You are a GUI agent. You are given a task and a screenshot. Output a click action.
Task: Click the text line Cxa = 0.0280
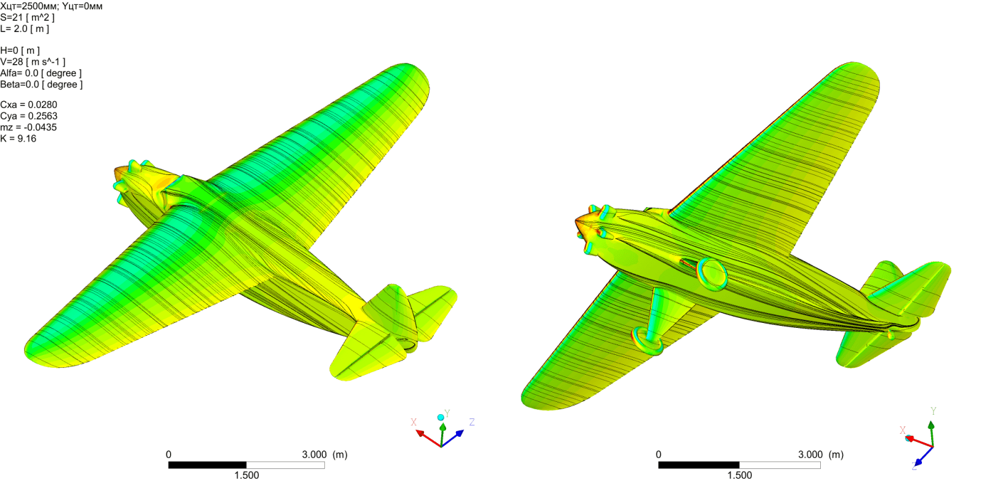point(28,105)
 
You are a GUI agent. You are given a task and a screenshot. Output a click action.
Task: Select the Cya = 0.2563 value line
point(28,116)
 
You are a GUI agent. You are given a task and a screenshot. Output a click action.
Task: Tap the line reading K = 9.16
point(18,139)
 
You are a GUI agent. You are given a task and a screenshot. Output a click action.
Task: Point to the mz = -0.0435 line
point(28,128)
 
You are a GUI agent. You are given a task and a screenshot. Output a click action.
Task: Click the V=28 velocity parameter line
point(33,62)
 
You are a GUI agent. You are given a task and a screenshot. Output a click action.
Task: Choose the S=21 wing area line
point(27,18)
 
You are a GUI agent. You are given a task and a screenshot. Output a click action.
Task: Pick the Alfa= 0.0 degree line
point(41,73)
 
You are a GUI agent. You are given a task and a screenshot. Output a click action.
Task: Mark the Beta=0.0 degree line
point(41,84)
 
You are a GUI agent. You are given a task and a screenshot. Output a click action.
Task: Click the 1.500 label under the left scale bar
point(246,475)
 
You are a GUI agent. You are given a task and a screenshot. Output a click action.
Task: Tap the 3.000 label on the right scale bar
point(810,455)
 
